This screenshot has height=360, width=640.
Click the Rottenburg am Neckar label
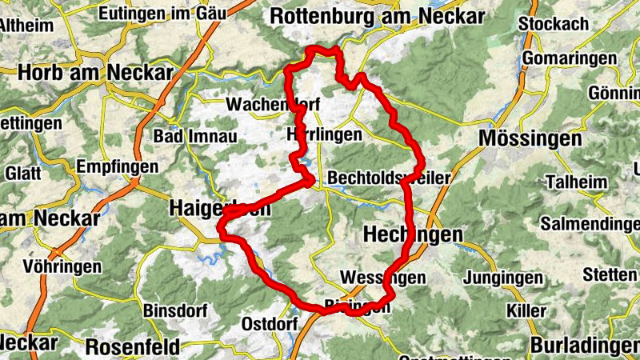coord(377,16)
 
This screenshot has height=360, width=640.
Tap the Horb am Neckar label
coord(95,72)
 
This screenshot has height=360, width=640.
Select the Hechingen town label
coord(413,234)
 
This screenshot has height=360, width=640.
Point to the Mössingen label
coord(530,138)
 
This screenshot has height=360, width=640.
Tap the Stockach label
coord(553,22)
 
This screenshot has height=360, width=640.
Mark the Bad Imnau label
coord(195,136)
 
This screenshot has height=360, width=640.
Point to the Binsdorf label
coord(175,310)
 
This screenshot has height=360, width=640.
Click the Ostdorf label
coord(270,323)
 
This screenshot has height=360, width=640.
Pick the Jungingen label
coord(502,279)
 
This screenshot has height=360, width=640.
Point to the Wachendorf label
coord(274,105)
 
